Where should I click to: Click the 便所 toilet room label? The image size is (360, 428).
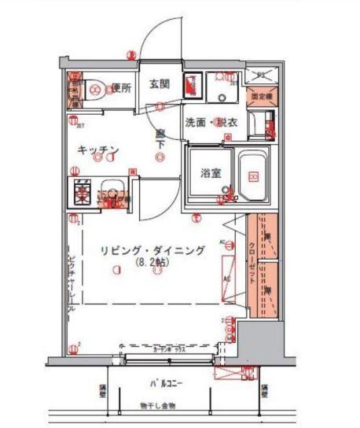119,88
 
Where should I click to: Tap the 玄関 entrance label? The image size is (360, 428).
160,85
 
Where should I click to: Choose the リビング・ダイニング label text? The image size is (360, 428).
152,250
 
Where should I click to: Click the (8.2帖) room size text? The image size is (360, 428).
152,262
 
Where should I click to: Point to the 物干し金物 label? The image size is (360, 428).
160,404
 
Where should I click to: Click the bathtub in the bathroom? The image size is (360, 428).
253,175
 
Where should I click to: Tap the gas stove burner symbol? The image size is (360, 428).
83,190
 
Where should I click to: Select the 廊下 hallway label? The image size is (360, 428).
160,139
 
